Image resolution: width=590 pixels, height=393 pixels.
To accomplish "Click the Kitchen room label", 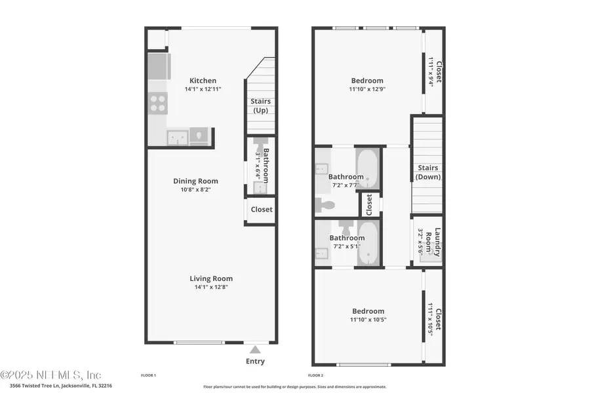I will [x=203, y=81].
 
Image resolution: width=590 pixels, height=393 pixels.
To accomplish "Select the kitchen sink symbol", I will [x=176, y=136].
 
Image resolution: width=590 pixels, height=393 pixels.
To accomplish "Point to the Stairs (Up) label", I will [x=260, y=105].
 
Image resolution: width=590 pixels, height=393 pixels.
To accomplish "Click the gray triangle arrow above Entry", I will [x=254, y=350].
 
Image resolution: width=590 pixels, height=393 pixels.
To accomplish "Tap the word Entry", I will [x=254, y=361].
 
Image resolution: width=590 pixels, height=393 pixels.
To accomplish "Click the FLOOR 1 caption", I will [x=149, y=376].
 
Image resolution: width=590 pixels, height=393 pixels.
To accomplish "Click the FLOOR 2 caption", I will [x=315, y=376].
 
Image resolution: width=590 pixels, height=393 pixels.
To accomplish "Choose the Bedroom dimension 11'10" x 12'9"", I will [x=366, y=89].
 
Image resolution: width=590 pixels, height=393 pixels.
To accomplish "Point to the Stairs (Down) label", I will [x=427, y=172].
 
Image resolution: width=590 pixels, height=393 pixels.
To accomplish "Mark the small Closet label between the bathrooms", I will [x=369, y=204].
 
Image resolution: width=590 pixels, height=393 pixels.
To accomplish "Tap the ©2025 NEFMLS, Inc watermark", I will [x=51, y=375].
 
